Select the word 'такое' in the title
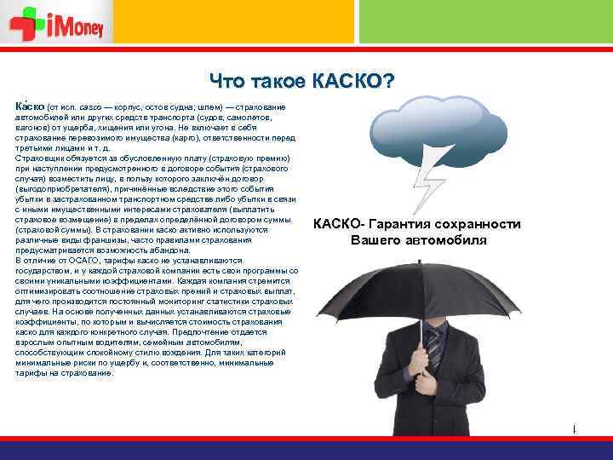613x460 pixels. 276,82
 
